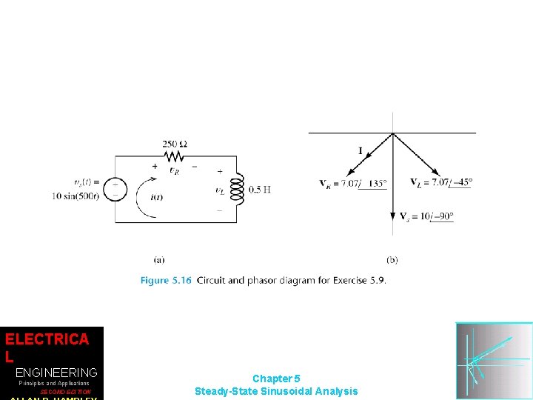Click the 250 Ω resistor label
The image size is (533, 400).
[175, 143]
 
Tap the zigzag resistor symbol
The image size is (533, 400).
[175, 156]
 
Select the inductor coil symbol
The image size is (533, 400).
[237, 189]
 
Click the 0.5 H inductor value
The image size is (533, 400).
[260, 190]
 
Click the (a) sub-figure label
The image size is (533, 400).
[159, 259]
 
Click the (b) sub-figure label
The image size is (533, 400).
[392, 259]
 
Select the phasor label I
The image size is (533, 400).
[361, 151]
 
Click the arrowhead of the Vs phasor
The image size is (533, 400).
[393, 217]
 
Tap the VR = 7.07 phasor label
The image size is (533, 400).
[353, 183]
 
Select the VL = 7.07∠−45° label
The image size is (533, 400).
[441, 182]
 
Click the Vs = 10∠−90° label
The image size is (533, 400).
[426, 216]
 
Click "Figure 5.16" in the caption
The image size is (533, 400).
[166, 280]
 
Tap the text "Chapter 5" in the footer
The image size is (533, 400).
[276, 379]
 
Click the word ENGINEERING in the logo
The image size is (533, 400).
[56, 372]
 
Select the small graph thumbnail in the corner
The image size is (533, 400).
[494, 361]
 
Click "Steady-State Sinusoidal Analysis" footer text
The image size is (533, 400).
[276, 391]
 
